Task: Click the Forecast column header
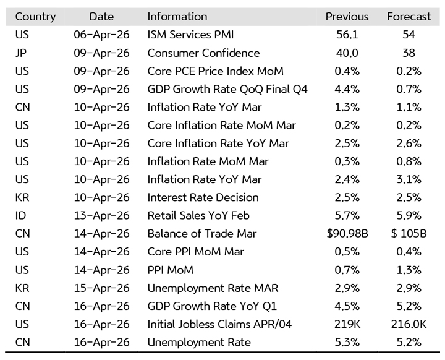(409, 17)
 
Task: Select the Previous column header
(347, 17)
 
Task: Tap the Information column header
(177, 17)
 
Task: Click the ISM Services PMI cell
(190, 35)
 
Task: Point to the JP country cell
(21, 53)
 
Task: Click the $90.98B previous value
(347, 234)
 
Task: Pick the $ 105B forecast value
(409, 234)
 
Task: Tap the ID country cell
(21, 216)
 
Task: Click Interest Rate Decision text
(203, 198)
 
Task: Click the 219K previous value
(347, 324)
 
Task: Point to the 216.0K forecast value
(409, 324)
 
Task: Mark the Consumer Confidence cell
(203, 53)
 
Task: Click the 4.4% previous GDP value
(347, 89)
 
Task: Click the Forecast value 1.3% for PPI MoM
(409, 270)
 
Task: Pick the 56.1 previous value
(347, 35)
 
